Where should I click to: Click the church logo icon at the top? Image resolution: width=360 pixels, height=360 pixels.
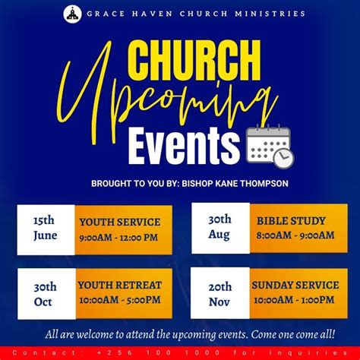[73, 14]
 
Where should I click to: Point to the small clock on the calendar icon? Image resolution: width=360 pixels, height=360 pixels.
[283, 156]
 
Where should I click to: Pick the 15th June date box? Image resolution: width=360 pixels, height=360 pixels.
[45, 229]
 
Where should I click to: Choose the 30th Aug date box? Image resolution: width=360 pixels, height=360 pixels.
[219, 227]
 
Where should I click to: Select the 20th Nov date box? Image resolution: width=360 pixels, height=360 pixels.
[219, 293]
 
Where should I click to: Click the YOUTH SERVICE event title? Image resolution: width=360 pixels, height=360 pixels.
[120, 223]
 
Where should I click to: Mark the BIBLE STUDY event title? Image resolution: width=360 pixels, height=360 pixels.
[291, 221]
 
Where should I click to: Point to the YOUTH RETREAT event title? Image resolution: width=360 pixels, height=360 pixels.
[120, 286]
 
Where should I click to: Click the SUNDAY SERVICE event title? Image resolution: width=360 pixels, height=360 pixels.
[295, 286]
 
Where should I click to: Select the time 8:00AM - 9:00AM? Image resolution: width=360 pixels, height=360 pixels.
[295, 235]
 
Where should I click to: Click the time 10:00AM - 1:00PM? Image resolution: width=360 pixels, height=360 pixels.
[295, 300]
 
